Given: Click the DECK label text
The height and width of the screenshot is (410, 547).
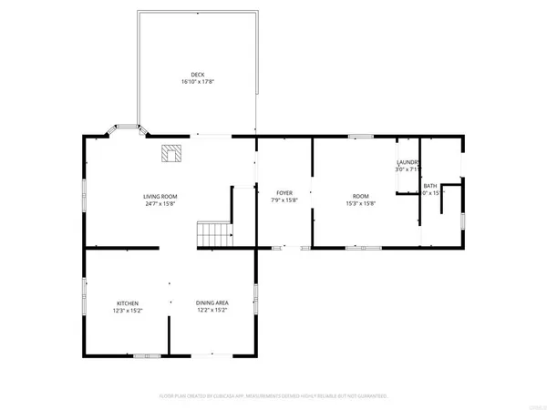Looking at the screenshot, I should coord(197,74).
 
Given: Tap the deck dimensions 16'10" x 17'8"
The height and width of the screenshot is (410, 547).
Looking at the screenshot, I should coord(197,81).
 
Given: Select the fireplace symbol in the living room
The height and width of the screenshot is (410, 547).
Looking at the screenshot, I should coord(170,153).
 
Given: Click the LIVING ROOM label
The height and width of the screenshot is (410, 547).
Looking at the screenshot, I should coord(160,197).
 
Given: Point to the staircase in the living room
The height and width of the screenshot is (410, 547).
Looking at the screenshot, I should coord(212,233).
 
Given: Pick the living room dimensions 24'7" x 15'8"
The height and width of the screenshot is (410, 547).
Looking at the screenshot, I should coord(160,204).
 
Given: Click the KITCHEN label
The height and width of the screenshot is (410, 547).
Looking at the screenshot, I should coord(127,303).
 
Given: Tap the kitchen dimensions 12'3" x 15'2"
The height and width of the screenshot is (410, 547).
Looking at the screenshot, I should coord(127,311).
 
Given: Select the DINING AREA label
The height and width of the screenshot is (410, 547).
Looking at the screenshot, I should coord(212,303).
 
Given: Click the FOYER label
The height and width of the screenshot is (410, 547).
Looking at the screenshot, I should coord(284,193).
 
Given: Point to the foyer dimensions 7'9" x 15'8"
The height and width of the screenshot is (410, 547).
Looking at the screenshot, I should coord(284,200).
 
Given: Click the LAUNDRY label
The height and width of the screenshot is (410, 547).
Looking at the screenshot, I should coord(407,162).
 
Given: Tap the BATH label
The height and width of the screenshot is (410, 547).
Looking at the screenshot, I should coord(429,186).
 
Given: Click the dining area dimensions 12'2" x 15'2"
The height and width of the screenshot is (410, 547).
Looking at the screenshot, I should coord(212,311).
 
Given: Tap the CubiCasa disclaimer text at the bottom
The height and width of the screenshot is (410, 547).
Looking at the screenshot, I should coord(273,397).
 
